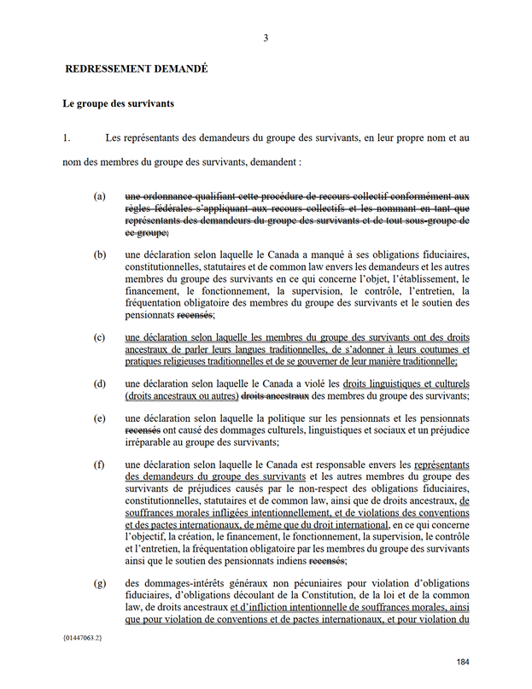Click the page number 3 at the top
click(266, 38)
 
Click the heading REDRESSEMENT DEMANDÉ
click(136, 67)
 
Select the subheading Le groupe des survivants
click(119, 104)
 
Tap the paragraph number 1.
click(65, 137)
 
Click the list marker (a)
click(100, 196)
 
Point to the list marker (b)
click(100, 254)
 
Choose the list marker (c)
click(100, 336)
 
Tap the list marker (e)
click(100, 418)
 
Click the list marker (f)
click(100, 465)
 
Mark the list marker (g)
click(100, 583)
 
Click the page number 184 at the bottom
click(464, 663)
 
